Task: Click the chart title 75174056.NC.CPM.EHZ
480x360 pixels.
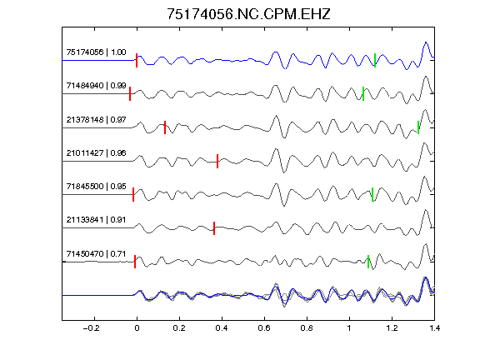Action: (x=248, y=14)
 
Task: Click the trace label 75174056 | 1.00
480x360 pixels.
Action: (x=96, y=52)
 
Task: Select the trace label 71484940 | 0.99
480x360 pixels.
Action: (x=96, y=85)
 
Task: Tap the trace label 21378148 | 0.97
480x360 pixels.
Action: (x=96, y=119)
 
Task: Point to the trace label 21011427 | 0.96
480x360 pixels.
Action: (x=96, y=152)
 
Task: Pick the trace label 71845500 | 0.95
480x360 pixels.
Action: (x=96, y=186)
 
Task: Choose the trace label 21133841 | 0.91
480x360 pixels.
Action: (x=96, y=219)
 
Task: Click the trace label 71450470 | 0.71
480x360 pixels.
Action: (x=96, y=254)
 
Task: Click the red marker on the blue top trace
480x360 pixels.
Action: (x=137, y=60)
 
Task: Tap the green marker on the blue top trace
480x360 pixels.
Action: (x=375, y=60)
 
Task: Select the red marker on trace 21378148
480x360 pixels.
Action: (x=165, y=127)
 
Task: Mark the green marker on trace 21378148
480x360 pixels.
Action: (x=418, y=127)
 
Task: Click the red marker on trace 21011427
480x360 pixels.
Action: (x=217, y=161)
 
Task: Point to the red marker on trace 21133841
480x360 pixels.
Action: (x=214, y=228)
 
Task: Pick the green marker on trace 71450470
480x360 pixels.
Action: (x=368, y=262)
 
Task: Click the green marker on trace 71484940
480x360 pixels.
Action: (x=363, y=93)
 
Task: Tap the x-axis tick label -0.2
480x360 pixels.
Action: (x=91, y=328)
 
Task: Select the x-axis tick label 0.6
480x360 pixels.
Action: (x=264, y=328)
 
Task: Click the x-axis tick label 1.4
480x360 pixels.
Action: (x=434, y=328)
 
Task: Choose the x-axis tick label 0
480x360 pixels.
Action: (x=137, y=328)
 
